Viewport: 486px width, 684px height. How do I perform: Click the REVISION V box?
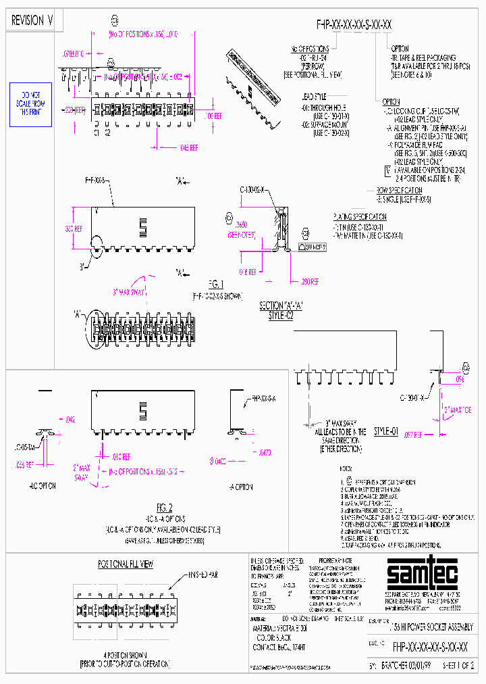click(x=32, y=21)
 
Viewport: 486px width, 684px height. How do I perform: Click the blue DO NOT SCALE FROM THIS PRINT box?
click(x=30, y=105)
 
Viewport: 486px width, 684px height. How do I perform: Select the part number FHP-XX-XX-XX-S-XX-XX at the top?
click(x=354, y=25)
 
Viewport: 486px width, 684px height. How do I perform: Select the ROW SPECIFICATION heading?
click(x=399, y=191)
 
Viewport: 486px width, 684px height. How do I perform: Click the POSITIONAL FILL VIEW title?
click(x=126, y=563)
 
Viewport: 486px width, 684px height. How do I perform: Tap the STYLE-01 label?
click(x=385, y=431)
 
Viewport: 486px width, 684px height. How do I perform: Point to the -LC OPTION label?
click(x=42, y=485)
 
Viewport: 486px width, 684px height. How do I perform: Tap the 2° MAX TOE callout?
click(x=457, y=410)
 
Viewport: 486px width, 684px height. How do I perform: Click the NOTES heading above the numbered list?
click(x=348, y=468)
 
